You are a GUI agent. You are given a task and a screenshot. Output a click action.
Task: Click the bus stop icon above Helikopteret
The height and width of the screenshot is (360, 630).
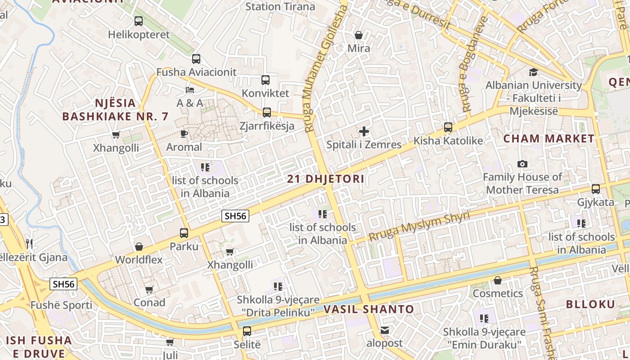[x=139, y=21]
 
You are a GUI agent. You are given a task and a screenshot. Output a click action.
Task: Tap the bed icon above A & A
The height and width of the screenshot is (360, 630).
[x=190, y=90]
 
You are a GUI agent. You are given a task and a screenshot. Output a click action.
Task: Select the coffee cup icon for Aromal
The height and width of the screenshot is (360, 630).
[x=184, y=134]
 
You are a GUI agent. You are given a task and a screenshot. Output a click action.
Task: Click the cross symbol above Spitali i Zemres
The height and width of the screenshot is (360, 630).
[x=364, y=131]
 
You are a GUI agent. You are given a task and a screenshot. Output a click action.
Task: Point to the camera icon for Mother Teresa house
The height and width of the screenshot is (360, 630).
[x=522, y=164]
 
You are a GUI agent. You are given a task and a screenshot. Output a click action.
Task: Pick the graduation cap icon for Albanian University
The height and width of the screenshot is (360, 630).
[x=533, y=72]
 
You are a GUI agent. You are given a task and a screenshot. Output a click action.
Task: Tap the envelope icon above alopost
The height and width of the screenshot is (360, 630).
[x=384, y=330]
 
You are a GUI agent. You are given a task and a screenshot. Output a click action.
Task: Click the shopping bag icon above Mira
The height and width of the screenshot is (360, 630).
[x=359, y=35]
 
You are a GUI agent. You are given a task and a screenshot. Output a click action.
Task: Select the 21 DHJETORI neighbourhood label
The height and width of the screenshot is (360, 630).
[x=326, y=179]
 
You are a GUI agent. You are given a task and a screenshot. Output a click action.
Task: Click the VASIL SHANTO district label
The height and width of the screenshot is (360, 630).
[x=369, y=309]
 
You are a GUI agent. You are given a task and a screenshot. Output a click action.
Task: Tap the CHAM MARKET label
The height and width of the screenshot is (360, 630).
[x=549, y=139]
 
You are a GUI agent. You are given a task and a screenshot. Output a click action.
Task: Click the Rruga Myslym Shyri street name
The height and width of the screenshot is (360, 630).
[x=419, y=226]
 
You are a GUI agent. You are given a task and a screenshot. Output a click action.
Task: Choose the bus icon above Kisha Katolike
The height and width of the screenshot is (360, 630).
[x=448, y=127]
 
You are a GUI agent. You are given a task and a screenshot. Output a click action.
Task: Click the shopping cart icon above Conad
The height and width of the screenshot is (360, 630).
[x=149, y=289]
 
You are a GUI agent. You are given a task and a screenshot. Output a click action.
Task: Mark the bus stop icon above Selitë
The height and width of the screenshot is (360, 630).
[x=247, y=332]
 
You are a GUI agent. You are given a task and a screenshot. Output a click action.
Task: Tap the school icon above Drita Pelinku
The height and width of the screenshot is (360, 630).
[x=278, y=286]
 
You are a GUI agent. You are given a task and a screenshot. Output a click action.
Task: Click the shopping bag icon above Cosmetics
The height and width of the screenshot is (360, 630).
[x=497, y=280]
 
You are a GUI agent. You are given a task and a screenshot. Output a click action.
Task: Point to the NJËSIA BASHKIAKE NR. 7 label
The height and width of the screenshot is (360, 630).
[x=115, y=110]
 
